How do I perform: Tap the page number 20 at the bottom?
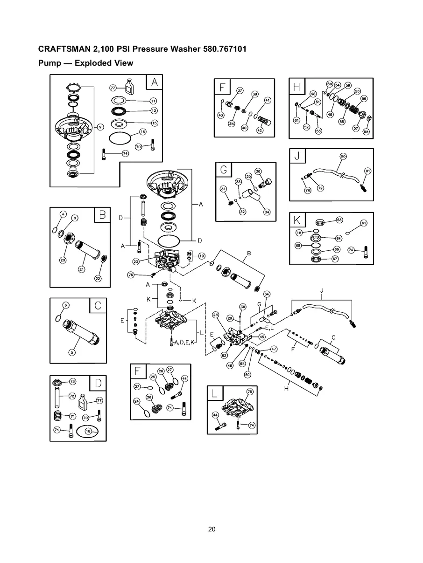point(211,529)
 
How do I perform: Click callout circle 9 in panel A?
point(99,126)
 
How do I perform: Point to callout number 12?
point(153,110)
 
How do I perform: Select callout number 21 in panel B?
point(81,269)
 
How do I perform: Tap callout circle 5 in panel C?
point(72,352)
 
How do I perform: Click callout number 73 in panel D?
point(72,381)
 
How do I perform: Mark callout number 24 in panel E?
point(137,401)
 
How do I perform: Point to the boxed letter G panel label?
point(224,170)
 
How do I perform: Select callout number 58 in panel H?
point(366,131)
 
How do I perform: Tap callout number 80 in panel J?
point(343,157)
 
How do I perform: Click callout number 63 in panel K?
point(339,220)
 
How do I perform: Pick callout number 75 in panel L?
point(250,391)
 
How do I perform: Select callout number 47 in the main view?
point(274,349)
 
